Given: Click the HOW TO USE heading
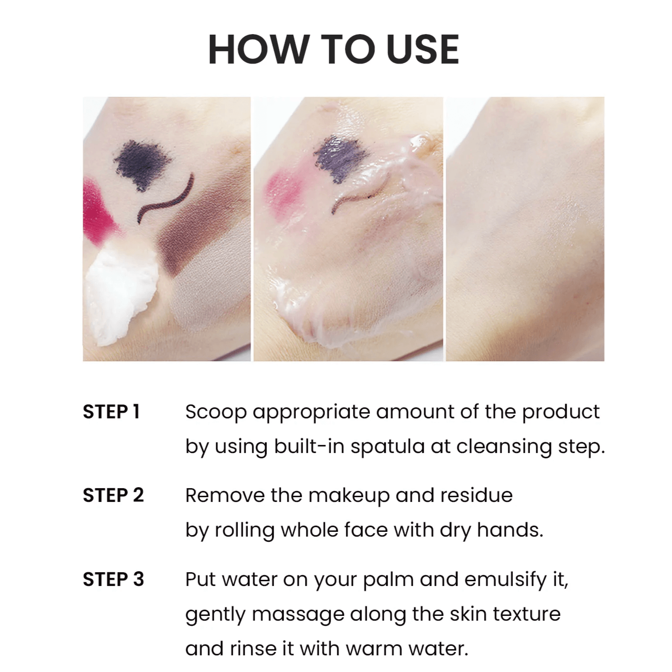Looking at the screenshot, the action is pos(334,49).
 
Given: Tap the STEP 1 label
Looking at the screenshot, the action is pos(111,411).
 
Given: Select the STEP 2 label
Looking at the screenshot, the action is pos(114,495).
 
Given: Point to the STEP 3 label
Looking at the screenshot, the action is pos(114,579).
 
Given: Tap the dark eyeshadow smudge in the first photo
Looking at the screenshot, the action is pos(143,164).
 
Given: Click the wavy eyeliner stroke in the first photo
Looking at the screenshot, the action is pos(166,199).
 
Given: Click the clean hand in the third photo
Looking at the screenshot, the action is pos(525,229).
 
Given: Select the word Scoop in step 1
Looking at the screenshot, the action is pos(216,412).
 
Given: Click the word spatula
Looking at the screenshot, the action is pos(388,447).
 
